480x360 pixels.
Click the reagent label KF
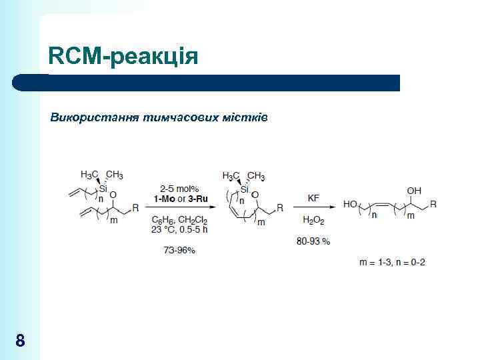tap(313, 198)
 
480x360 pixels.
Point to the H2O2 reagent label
tap(313, 219)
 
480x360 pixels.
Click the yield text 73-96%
tap(179, 250)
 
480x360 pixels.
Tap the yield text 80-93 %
tap(313, 241)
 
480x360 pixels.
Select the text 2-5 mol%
tap(179, 189)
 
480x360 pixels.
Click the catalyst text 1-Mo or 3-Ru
tap(179, 199)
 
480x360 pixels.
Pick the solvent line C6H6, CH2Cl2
tap(179, 219)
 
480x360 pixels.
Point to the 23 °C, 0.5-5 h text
tap(179, 229)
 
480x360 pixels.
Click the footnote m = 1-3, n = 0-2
tap(393, 262)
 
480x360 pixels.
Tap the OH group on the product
tap(415, 191)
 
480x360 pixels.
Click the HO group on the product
tap(350, 205)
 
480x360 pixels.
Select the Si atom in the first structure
tap(103, 189)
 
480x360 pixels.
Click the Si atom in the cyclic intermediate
tap(245, 190)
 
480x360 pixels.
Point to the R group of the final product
tap(433, 204)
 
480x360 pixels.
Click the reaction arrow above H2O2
tap(313, 208)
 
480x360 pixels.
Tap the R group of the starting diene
tap(136, 208)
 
